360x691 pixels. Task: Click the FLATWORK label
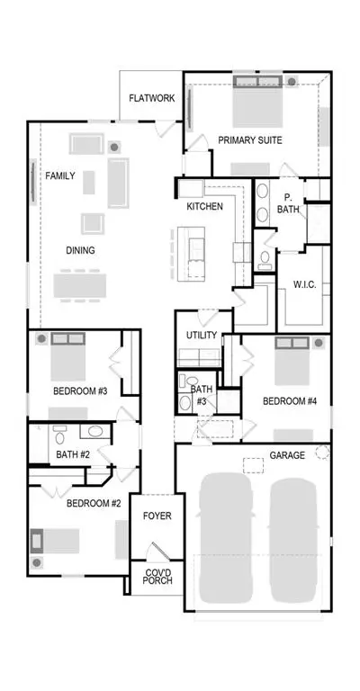pyautogui.click(x=151, y=98)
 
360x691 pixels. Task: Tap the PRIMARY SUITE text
pyautogui.click(x=250, y=140)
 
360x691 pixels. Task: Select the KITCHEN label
pyautogui.click(x=205, y=206)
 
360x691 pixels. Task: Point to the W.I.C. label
pyautogui.click(x=304, y=284)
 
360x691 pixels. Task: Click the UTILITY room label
pyautogui.click(x=202, y=336)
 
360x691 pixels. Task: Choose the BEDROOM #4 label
pyautogui.click(x=290, y=401)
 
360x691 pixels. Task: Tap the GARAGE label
pyautogui.click(x=287, y=455)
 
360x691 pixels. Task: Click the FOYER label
pyautogui.click(x=157, y=516)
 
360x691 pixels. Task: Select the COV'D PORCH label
pyautogui.click(x=157, y=577)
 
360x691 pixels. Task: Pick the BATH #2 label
pyautogui.click(x=73, y=454)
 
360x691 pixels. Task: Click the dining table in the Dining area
pyautogui.click(x=80, y=285)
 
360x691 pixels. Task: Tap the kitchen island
pyautogui.click(x=191, y=254)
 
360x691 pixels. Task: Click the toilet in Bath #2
pyautogui.click(x=59, y=435)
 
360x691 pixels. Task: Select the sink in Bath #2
pyautogui.click(x=94, y=431)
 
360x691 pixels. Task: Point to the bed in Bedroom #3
pyautogui.click(x=67, y=357)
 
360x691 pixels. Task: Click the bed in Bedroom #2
pyautogui.click(x=55, y=541)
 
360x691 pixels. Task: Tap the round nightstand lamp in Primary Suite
pyautogui.click(x=292, y=82)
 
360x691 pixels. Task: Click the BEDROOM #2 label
pyautogui.click(x=94, y=503)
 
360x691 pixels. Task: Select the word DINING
pyautogui.click(x=80, y=251)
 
